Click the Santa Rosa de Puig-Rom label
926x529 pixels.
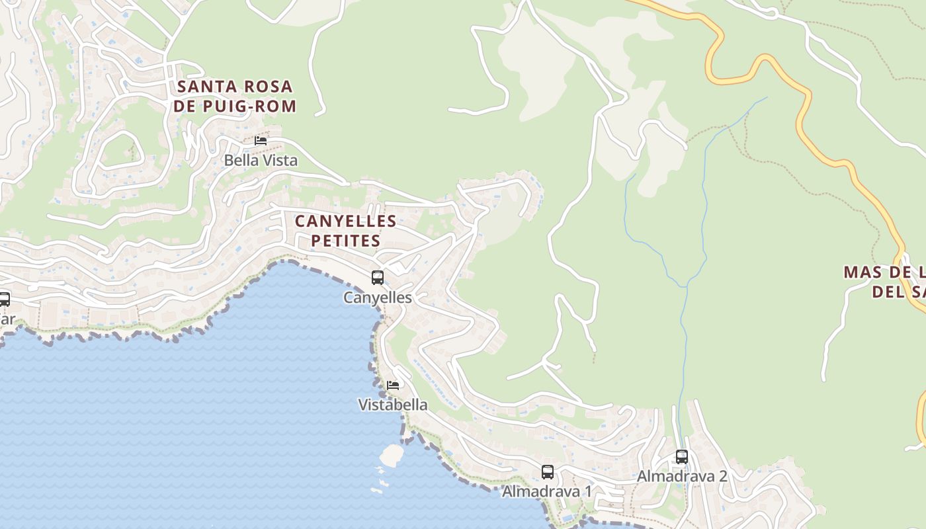coord(235,96)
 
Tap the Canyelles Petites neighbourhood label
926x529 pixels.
coord(346,230)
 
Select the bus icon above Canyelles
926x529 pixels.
coord(378,278)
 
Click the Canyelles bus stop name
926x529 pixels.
coord(377,298)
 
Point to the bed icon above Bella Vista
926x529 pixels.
coord(261,140)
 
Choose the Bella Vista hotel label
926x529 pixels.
coord(261,160)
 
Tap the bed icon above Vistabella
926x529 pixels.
coord(393,385)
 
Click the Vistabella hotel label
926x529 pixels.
coord(393,405)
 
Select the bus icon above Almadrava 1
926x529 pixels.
coord(548,472)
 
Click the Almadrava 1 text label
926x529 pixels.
coord(547,491)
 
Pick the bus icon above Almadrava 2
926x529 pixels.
coord(682,457)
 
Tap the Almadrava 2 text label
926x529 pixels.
coord(682,476)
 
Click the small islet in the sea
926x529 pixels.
coord(392,455)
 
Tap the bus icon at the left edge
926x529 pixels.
coord(4,299)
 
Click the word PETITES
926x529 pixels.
coord(346,240)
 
